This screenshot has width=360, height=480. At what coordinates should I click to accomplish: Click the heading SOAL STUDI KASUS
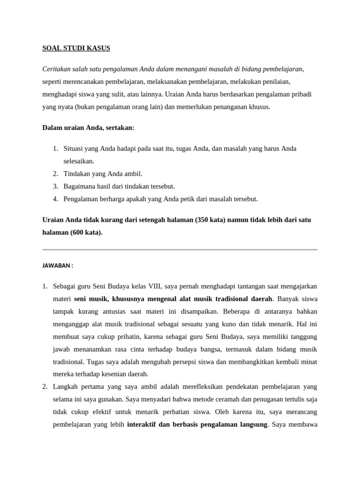[x=76, y=48]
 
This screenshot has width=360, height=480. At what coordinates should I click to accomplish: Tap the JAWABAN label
[x=58, y=265]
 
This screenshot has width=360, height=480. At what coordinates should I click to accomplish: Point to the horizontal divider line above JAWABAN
[x=180, y=249]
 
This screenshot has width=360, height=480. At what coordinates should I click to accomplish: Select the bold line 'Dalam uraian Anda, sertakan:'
[x=88, y=127]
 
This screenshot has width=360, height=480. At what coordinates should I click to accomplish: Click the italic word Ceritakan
[x=57, y=69]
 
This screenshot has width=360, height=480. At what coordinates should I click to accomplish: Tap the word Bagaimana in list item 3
[x=80, y=186]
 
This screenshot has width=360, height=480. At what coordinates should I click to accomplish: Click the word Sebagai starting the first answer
[x=64, y=285]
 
